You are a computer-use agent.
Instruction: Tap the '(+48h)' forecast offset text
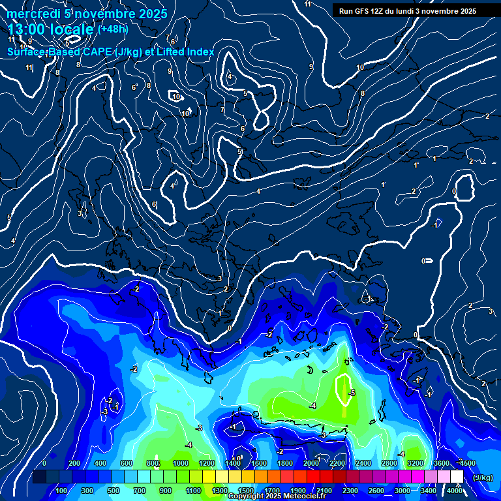coord(113,29)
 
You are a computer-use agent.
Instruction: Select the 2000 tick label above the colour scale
coord(311,463)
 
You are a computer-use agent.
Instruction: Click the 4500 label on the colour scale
coord(468,463)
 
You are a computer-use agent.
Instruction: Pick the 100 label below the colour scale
coord(63,491)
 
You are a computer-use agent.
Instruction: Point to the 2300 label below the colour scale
coord(350,491)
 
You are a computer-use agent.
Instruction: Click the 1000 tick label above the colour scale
coord(181,463)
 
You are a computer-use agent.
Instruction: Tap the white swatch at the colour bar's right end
coord(457,477)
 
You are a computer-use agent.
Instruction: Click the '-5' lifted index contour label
coord(352,393)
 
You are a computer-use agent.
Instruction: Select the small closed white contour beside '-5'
coord(343,390)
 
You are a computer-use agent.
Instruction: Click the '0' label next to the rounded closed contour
coord(454,191)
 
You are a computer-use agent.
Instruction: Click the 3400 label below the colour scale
coord(429,491)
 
